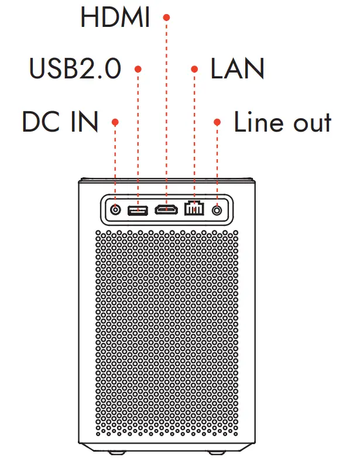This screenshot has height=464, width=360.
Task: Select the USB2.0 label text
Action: pos(76,69)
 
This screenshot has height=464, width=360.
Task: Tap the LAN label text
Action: pos(238,69)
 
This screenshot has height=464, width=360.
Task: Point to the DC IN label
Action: pos(60,122)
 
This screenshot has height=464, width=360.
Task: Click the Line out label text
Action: pos(283,122)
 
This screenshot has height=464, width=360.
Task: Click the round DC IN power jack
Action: pos(116,209)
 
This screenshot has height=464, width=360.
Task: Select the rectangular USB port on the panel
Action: pos(138,209)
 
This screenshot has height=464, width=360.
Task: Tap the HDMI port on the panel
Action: pos(167,209)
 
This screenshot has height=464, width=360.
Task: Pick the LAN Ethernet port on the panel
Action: pos(193,209)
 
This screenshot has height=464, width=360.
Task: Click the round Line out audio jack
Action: pos(218,209)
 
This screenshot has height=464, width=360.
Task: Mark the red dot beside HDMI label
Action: pos(166,18)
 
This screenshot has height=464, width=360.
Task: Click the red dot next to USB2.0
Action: pos(138,69)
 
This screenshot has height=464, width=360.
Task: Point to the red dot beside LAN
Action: pos(194,69)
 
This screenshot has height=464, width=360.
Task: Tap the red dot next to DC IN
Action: pos(116,122)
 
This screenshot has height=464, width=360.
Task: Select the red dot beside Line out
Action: pos(217,122)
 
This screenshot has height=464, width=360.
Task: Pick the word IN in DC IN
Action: pos(84,122)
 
